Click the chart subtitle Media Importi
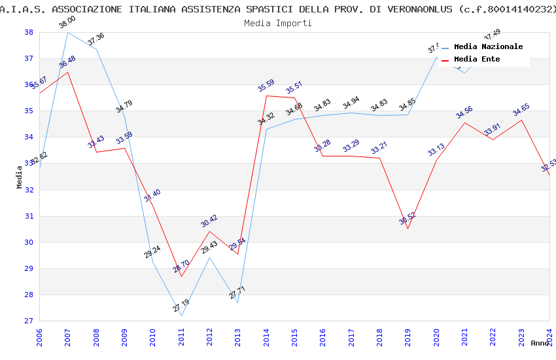[277, 23]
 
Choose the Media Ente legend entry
[477, 59]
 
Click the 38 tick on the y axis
[29, 32]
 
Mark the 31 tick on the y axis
[29, 216]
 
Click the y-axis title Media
[20, 177]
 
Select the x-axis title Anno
[540, 343]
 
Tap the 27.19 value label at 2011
[181, 305]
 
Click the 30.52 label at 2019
[408, 218]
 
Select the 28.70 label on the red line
[181, 266]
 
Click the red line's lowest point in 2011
[181, 276]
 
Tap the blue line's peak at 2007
[68, 32]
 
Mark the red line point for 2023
[521, 120]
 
